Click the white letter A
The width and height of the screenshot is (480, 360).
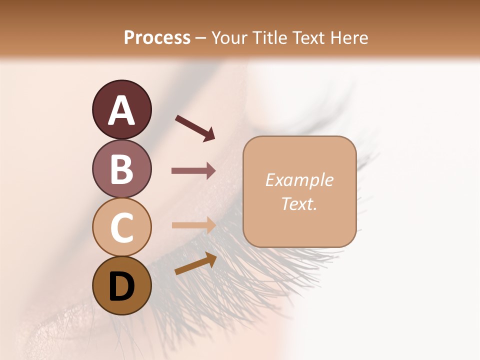pos(121,110)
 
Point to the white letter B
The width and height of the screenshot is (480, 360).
pos(121,169)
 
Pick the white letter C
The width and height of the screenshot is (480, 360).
pos(121,227)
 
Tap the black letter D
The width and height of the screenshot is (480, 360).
pos(121,286)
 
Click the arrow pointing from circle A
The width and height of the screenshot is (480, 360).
pos(195,127)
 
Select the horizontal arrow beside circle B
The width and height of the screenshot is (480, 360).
pos(193,171)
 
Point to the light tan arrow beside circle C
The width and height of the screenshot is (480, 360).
pos(193,225)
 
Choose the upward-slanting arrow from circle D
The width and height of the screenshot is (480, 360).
pos(195,263)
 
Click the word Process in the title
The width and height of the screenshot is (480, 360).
pos(157,37)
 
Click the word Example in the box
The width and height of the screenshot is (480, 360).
pos(299,180)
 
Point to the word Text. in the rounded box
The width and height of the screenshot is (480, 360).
pos(299,203)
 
